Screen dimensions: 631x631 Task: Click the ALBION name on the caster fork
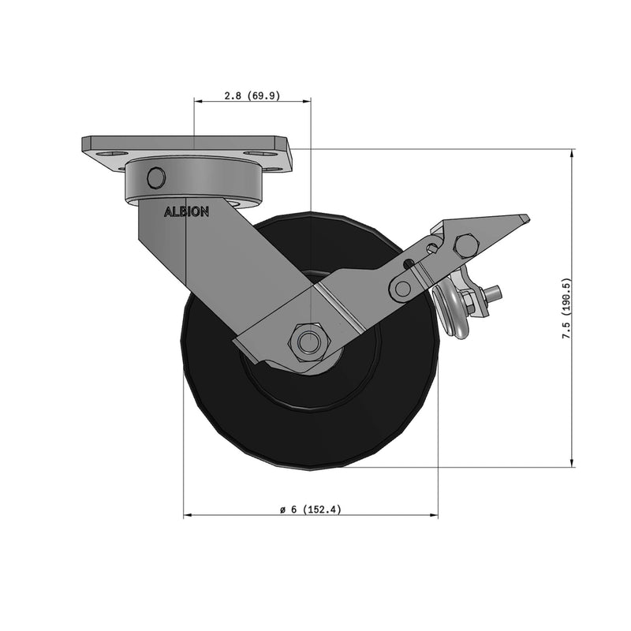tap(186, 212)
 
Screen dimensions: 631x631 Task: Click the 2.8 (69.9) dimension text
tap(252, 95)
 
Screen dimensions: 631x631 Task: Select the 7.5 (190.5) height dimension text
tap(566, 308)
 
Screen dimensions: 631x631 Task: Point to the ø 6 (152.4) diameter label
tap(311, 510)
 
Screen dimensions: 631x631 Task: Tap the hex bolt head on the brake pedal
tap(466, 245)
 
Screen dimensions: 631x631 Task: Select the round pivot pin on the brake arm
tap(403, 289)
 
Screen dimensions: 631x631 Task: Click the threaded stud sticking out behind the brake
tap(495, 294)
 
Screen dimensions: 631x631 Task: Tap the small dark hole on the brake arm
tap(408, 264)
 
